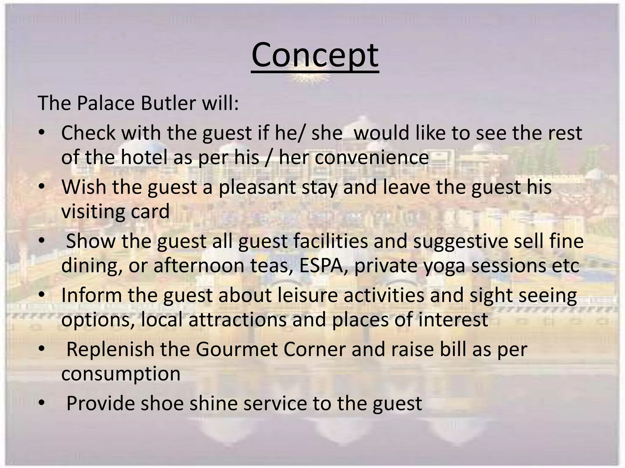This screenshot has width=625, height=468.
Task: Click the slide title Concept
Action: click(x=315, y=55)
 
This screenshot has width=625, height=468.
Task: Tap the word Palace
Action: click(x=106, y=103)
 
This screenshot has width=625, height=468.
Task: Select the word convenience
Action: click(x=371, y=157)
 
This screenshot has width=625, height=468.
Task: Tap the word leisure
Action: click(x=308, y=295)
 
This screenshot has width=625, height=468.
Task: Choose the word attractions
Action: click(x=237, y=320)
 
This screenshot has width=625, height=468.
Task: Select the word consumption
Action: click(x=121, y=374)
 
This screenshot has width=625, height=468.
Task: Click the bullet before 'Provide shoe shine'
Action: click(x=42, y=403)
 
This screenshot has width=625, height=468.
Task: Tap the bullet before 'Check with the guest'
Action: click(x=42, y=133)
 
